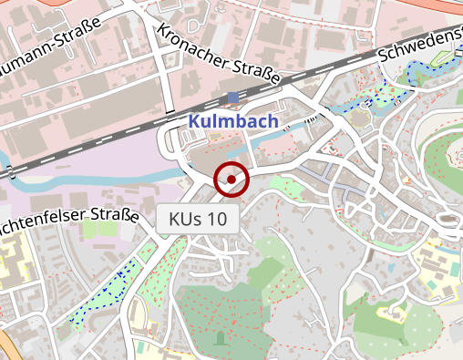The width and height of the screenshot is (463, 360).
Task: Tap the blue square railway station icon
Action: coord(233,98)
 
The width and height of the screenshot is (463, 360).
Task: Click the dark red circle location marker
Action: coord(231,180)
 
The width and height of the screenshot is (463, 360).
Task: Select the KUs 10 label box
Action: coord(198,219)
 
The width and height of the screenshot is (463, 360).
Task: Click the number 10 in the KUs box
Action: coord(216,219)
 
